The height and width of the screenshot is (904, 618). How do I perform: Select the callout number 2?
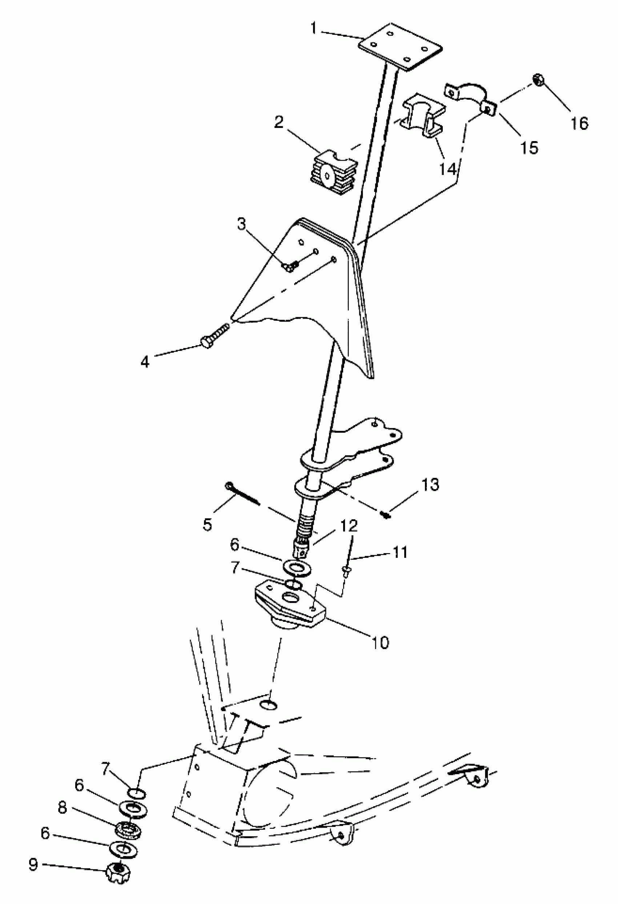(x=279, y=123)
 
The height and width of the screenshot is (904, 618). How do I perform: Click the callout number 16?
(x=579, y=123)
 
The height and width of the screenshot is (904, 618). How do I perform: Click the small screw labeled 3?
(x=289, y=266)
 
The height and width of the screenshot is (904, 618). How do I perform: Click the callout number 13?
(x=430, y=485)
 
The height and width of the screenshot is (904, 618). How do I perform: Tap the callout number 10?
(x=380, y=642)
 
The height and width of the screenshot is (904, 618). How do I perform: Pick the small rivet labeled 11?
(x=345, y=571)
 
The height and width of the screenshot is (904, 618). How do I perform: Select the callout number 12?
(x=349, y=526)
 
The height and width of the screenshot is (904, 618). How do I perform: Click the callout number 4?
(x=145, y=362)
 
